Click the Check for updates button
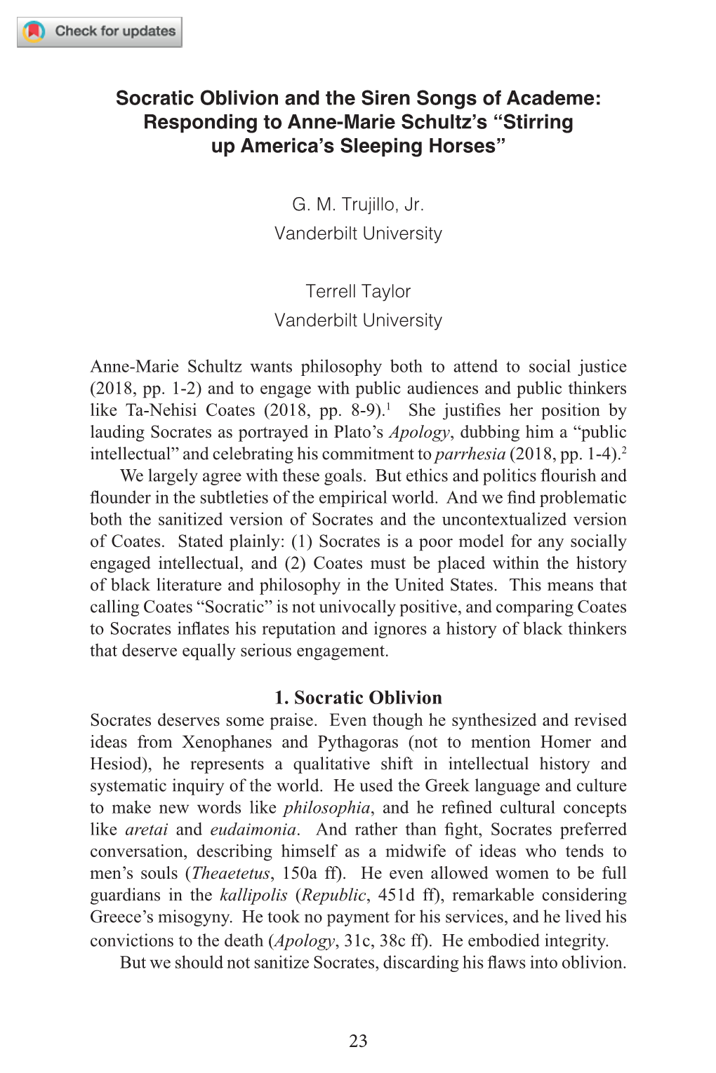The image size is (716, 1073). point(100,32)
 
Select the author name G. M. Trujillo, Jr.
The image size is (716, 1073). point(358,205)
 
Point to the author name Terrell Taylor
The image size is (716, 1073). point(358,291)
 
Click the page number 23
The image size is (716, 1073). point(358,1041)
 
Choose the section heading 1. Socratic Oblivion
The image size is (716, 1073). point(358,697)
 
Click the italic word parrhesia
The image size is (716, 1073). point(470,454)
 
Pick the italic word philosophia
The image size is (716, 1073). point(327,808)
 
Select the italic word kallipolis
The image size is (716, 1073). point(253,895)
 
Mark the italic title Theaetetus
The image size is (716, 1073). point(231,873)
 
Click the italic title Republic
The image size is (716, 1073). point(334,895)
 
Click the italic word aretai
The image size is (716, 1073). point(146,830)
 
